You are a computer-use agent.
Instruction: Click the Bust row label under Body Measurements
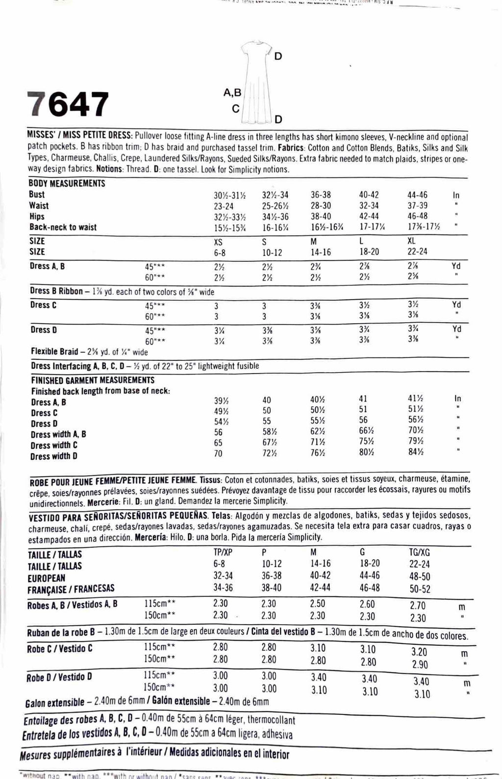37,194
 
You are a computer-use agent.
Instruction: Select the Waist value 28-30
321,206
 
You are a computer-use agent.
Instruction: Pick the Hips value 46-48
417,216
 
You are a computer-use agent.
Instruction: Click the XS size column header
218,241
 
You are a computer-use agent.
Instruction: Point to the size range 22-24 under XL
418,252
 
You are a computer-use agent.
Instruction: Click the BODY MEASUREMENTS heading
67,184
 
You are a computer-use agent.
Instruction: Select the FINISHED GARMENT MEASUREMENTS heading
93,380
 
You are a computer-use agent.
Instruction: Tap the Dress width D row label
54,456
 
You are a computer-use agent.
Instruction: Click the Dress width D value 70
218,454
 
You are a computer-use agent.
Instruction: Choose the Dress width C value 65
218,443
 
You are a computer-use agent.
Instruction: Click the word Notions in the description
109,170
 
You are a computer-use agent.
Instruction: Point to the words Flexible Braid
54,352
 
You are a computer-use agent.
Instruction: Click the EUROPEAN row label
47,578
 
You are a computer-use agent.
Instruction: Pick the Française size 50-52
420,590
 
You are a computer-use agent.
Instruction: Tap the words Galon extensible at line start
54,703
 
